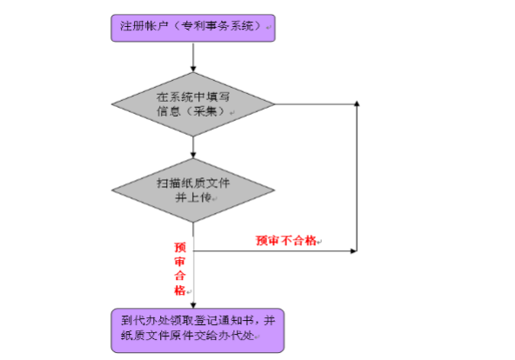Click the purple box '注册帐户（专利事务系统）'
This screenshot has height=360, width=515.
tap(193, 28)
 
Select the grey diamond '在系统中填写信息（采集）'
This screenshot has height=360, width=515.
tap(193, 104)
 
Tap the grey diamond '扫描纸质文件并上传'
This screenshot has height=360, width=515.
tap(193, 190)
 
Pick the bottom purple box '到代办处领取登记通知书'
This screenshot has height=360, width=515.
tap(197, 330)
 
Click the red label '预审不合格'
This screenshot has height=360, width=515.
tap(285, 241)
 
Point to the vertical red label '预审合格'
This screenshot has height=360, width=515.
tap(180, 269)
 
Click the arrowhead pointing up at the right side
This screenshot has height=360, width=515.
tap(357, 103)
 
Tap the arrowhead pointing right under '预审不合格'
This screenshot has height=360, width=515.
tap(354, 251)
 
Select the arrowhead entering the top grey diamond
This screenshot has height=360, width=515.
tap(193, 69)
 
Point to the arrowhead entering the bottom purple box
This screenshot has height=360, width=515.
tap(193, 305)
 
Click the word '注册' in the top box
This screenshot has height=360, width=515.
tap(127, 25)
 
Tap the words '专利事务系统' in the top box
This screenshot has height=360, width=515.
tap(217, 25)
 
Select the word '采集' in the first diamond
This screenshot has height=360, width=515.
tap(205, 111)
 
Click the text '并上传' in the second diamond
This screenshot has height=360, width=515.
tap(193, 197)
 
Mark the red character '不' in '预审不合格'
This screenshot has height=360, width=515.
tap(285, 241)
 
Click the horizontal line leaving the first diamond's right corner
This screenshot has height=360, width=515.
tap(316, 104)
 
